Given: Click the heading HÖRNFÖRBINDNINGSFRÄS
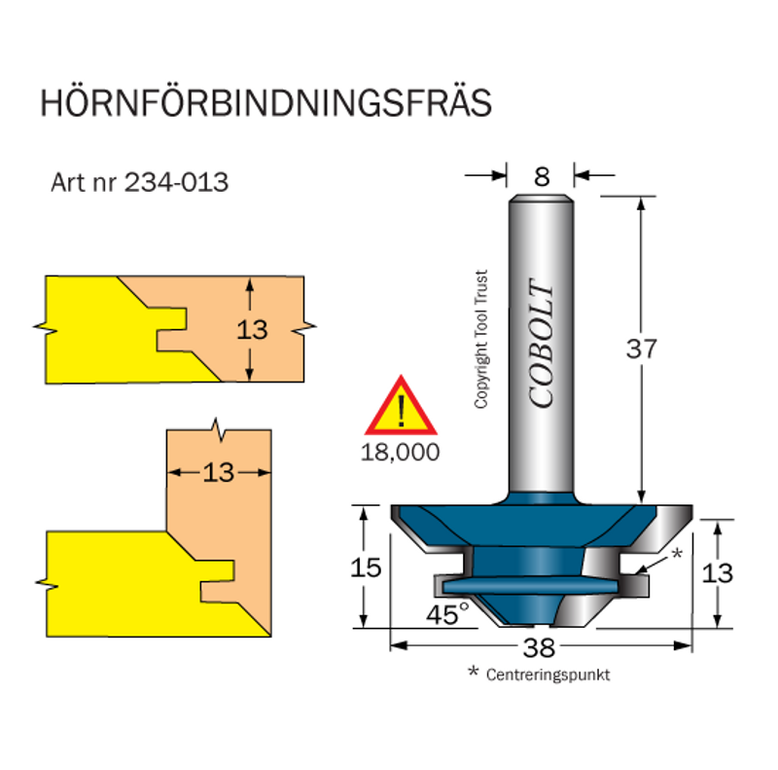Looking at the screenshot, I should click(x=265, y=104).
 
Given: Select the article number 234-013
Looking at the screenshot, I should click(x=176, y=182).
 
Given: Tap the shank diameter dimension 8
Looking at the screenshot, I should click(x=542, y=176).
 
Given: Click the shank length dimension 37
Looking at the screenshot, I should click(x=642, y=348).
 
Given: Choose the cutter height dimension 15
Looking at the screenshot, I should click(x=366, y=568).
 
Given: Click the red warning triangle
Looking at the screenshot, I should click(x=401, y=408).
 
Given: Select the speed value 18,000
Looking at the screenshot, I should click(x=400, y=452).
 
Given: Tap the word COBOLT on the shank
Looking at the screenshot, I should click(x=542, y=345).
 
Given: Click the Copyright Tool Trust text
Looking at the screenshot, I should click(x=480, y=340).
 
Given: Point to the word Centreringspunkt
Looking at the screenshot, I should click(x=548, y=675).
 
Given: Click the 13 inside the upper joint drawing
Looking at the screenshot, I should click(x=252, y=329).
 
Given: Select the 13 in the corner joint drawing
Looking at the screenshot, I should click(x=220, y=472).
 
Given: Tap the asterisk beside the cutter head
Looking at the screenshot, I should click(x=678, y=555).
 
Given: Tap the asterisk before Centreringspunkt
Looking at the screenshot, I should click(x=474, y=673).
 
